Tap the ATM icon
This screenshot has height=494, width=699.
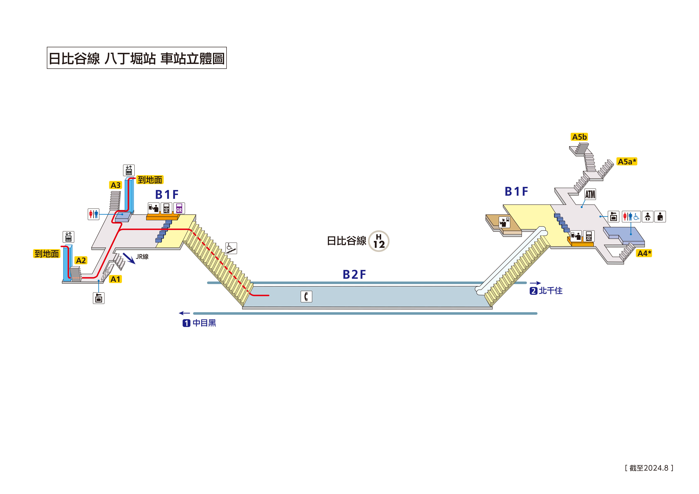click(x=590, y=194)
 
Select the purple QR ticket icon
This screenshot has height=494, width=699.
click(x=179, y=208)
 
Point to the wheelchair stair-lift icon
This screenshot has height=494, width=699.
click(x=231, y=248)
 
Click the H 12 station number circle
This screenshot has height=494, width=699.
click(x=379, y=241)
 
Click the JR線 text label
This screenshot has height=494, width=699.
click(x=142, y=257)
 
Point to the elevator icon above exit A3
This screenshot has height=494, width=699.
click(x=129, y=170)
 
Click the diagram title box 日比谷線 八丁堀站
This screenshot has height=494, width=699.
click(x=137, y=58)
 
